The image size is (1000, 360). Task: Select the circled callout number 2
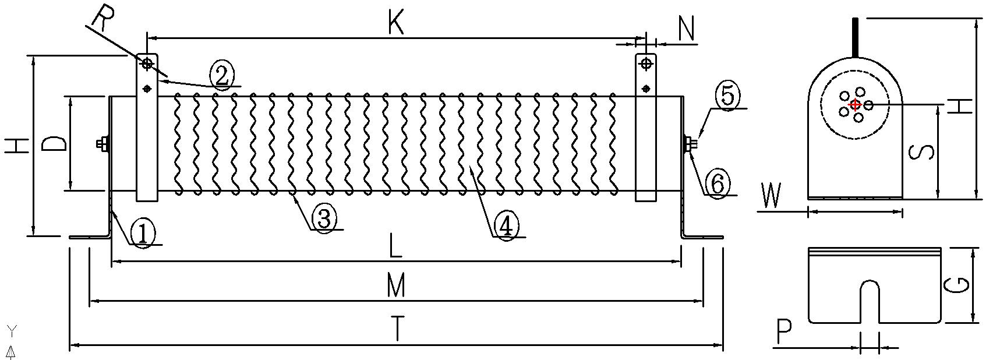click(222, 74)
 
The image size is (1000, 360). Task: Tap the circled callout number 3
click(324, 218)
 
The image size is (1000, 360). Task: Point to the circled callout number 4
click(506, 225)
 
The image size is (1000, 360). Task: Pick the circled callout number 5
click(728, 96)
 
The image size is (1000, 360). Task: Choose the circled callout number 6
click(718, 183)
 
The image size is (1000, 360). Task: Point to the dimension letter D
click(56, 143)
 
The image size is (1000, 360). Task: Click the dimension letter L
click(395, 247)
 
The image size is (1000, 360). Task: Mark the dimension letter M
click(395, 286)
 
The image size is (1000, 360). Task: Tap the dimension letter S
click(922, 151)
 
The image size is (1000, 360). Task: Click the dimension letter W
click(772, 196)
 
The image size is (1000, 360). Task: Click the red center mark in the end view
click(855, 105)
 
